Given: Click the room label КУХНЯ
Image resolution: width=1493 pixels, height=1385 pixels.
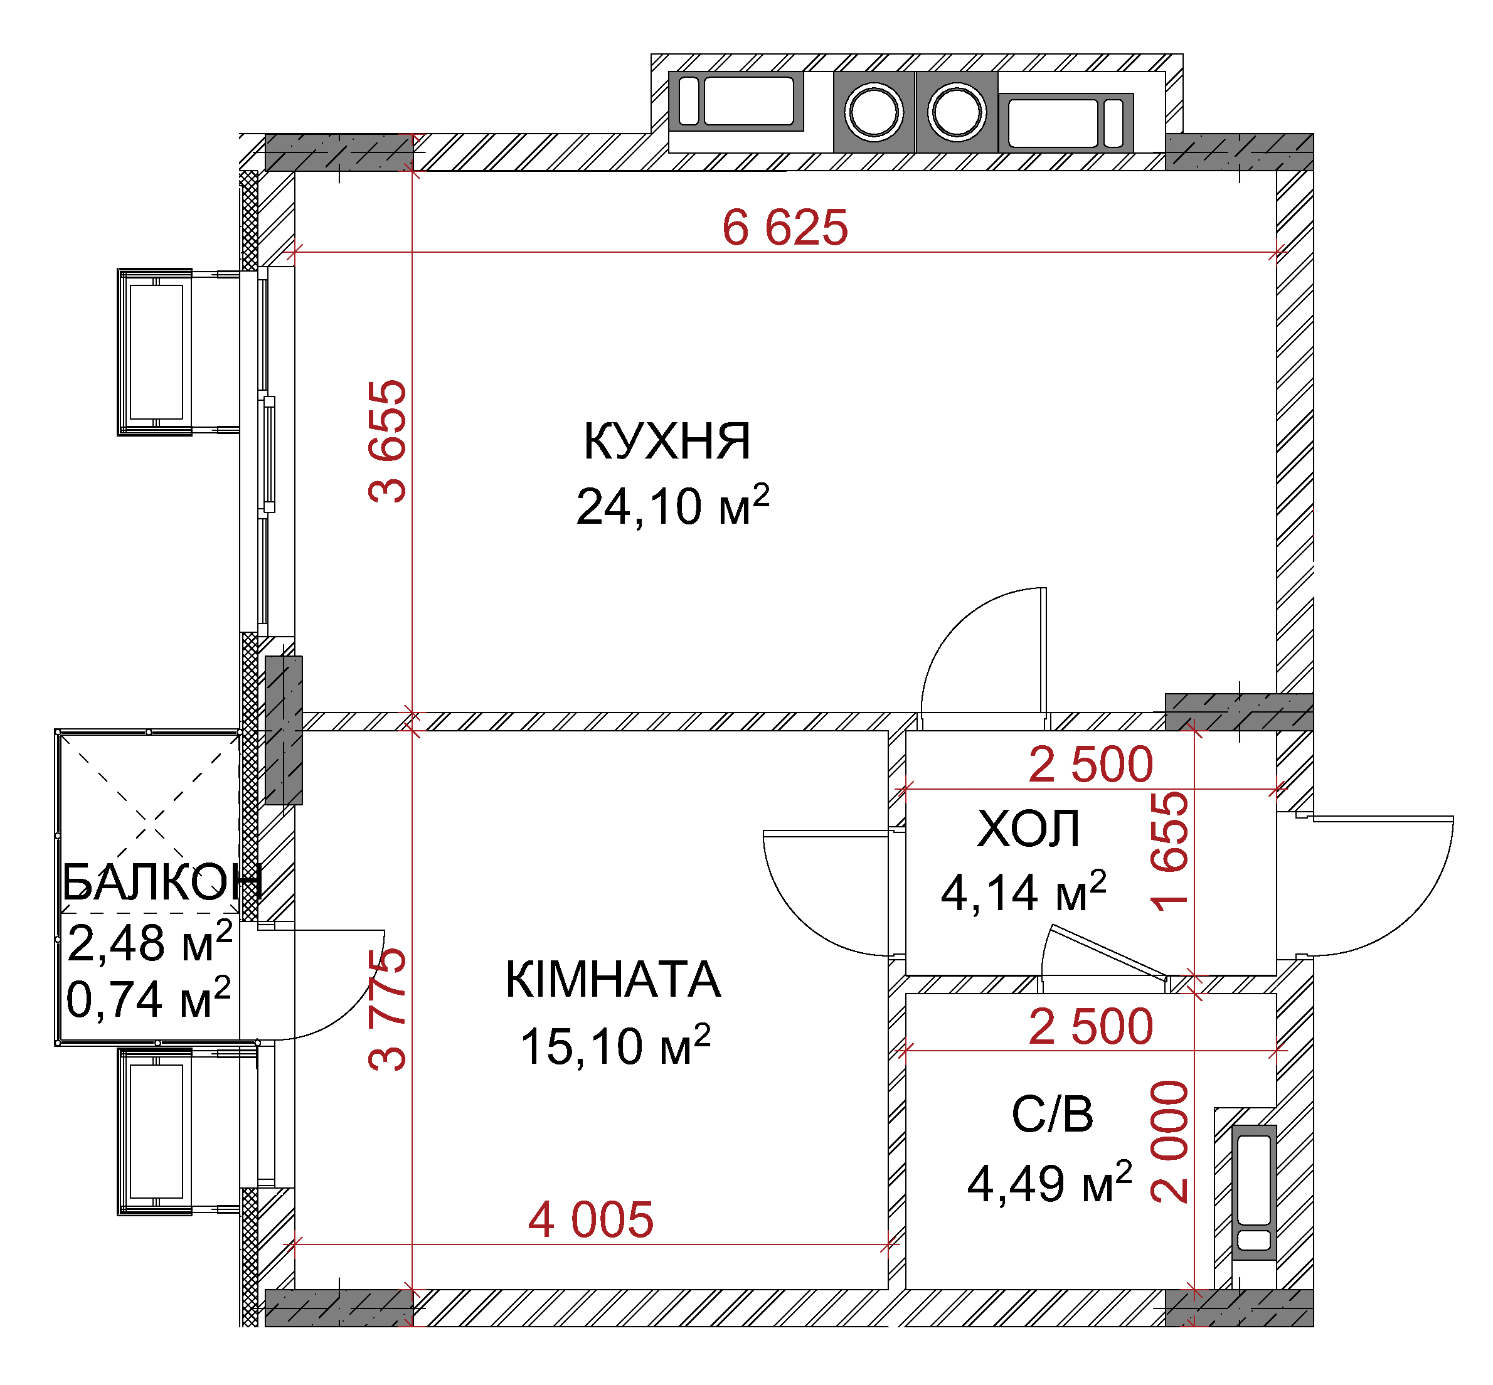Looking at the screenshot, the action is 666,442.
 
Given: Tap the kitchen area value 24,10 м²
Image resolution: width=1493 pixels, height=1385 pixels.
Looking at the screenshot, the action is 672,506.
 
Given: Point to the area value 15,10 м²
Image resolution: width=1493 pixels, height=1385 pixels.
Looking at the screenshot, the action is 615,1045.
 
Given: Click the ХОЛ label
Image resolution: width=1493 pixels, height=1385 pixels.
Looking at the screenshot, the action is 1028,828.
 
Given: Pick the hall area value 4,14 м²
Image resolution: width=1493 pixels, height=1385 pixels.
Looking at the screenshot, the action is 1023,891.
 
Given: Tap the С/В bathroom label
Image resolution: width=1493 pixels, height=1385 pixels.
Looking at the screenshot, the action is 1051,1113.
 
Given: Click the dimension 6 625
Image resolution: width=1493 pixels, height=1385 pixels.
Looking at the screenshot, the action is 785,227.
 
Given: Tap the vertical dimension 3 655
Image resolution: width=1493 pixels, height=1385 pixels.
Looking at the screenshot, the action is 388,442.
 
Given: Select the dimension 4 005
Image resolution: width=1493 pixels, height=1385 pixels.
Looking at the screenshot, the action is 590,1219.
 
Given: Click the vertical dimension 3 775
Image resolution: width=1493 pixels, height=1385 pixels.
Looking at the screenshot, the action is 388,1009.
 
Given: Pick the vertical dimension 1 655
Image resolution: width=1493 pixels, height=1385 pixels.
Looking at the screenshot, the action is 1170,851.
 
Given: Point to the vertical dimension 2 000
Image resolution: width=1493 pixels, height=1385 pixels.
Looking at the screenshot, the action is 1170,1142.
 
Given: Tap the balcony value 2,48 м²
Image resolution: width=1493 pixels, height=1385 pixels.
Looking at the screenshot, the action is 150,942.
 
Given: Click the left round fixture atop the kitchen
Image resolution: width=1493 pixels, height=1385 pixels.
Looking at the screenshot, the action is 874,112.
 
